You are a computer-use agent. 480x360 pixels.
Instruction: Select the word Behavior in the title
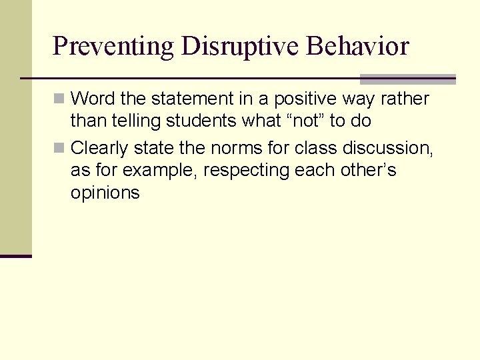coord(358,47)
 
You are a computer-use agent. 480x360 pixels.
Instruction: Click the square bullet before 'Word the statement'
coord(59,99)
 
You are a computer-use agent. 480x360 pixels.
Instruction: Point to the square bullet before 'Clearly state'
coord(59,147)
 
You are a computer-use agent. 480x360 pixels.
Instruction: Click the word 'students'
coord(197,121)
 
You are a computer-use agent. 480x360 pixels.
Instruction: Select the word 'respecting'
coord(245,171)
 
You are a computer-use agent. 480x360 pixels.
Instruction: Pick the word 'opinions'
coord(105,193)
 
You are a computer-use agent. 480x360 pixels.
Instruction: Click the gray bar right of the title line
coord(407,79)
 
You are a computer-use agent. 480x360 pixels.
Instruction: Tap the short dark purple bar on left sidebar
coord(16,256)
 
